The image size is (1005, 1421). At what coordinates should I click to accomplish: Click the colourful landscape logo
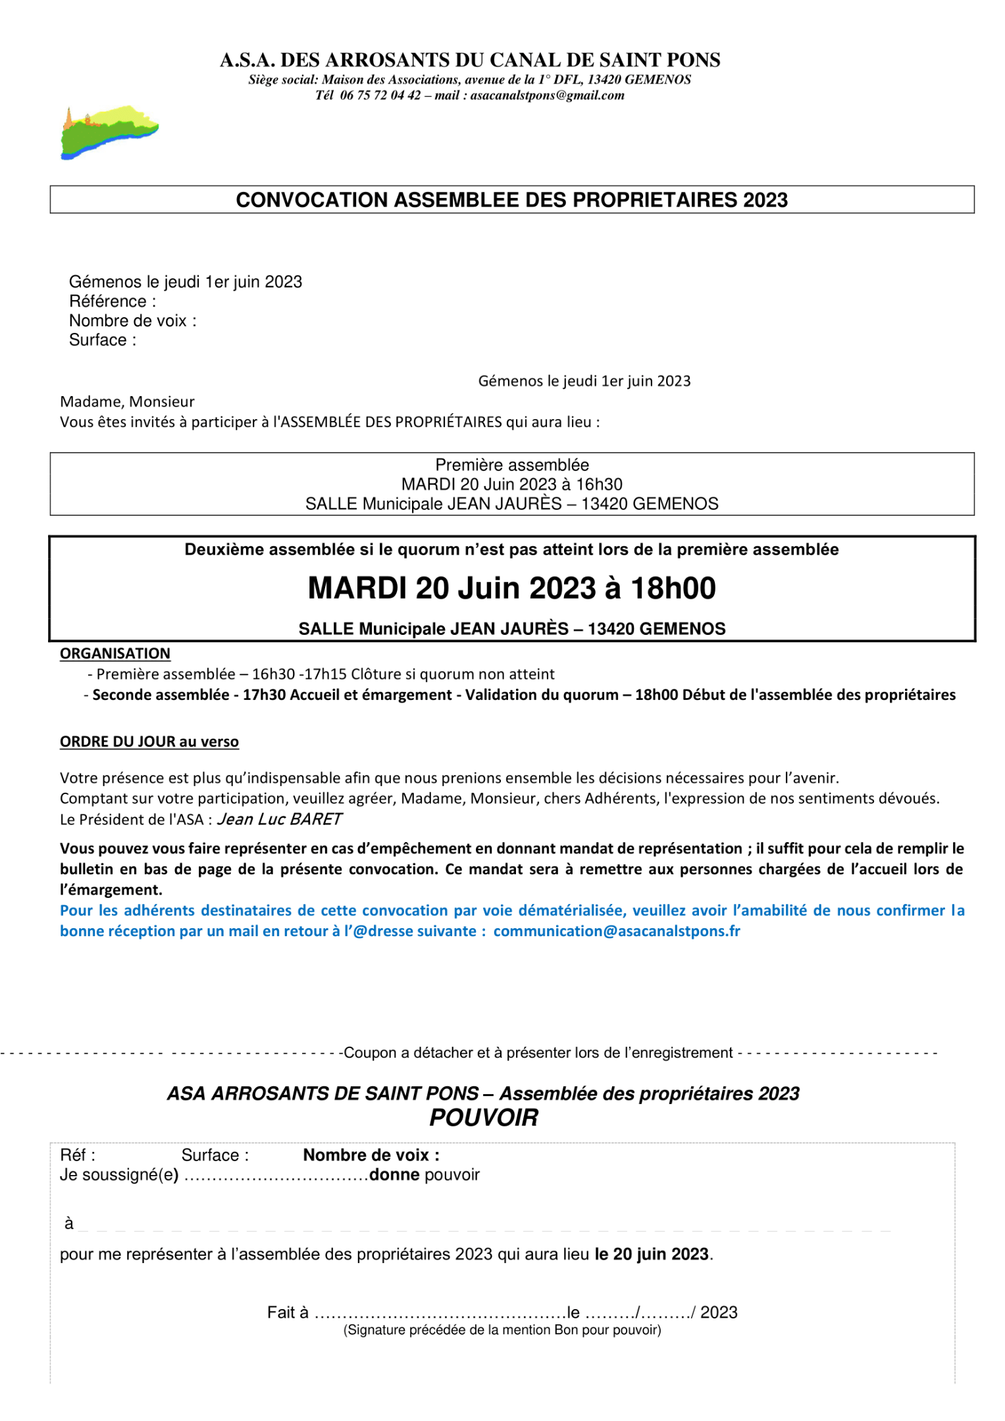click(x=109, y=132)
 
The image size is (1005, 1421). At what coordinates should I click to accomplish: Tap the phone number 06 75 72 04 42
click(x=380, y=95)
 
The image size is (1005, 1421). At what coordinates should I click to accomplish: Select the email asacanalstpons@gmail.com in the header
click(x=547, y=95)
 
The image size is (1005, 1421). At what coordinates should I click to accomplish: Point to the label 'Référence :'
click(x=113, y=301)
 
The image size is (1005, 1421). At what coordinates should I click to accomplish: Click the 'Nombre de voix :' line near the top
click(x=132, y=320)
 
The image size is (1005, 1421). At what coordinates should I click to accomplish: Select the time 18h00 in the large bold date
click(x=673, y=588)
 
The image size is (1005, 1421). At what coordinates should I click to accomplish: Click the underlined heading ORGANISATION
click(x=115, y=653)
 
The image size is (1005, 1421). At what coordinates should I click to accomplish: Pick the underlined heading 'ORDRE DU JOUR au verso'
click(x=149, y=741)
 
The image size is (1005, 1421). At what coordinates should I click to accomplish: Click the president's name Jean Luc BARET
click(x=280, y=819)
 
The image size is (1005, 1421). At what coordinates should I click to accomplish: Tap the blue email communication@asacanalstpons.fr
click(x=617, y=931)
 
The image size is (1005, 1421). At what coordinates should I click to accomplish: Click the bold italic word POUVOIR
click(x=484, y=1118)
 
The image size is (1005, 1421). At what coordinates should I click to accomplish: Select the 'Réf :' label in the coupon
click(x=78, y=1155)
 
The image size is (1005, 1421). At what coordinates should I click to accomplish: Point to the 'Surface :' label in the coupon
click(x=215, y=1155)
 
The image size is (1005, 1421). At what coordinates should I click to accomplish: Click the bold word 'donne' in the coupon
click(x=394, y=1174)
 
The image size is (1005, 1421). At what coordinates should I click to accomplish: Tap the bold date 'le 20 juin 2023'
click(x=652, y=1254)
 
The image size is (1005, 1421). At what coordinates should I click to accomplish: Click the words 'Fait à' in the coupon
click(x=288, y=1312)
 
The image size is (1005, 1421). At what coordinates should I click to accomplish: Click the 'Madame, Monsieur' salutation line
click(x=127, y=401)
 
